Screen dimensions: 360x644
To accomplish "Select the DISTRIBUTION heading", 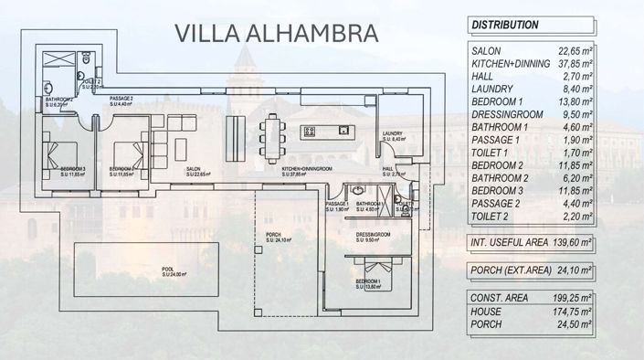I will tap(505, 26).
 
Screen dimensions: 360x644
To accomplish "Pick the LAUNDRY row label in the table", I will tap(492, 89).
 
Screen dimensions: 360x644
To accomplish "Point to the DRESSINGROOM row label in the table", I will tap(506, 116).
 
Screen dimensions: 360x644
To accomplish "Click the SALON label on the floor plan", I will tap(194, 169).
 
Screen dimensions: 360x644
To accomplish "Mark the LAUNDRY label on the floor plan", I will tap(393, 133).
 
